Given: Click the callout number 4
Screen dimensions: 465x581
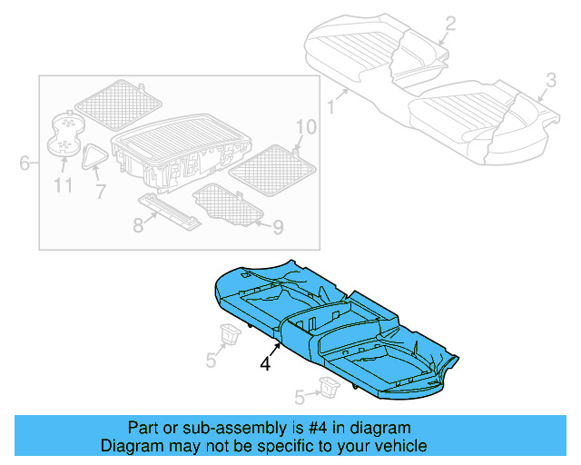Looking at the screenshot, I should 265,363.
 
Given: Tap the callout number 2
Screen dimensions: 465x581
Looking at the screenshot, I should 450,25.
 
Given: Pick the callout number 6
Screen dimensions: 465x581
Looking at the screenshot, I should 25,163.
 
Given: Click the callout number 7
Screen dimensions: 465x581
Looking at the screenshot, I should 100,192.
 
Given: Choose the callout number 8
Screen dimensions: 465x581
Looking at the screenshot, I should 138,224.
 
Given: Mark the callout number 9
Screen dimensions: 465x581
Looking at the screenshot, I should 279,224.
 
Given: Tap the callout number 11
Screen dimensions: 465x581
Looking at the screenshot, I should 63,186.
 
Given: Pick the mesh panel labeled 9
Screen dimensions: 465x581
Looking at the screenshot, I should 228,203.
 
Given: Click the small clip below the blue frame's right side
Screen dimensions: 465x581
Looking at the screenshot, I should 327,388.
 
